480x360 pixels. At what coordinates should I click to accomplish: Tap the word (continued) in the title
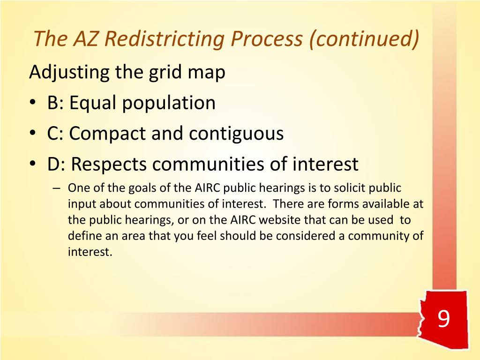[363, 39]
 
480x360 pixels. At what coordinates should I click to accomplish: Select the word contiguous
[237, 134]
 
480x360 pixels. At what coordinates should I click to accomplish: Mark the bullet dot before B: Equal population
[34, 104]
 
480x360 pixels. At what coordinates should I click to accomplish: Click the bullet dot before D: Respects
[34, 165]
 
